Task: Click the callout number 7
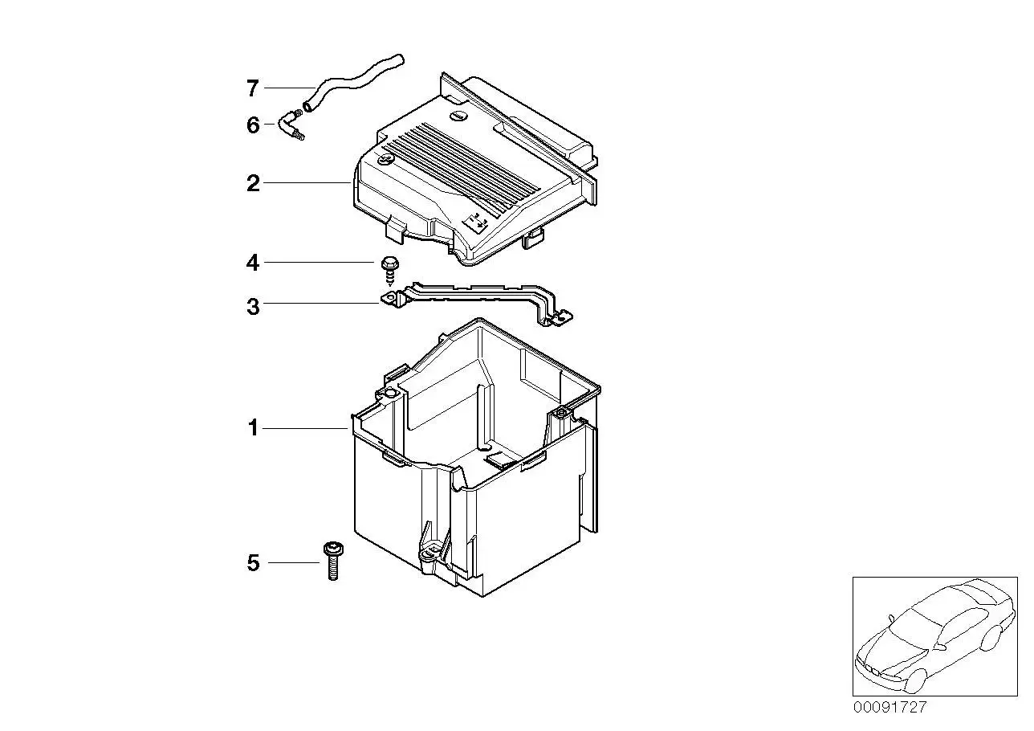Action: tap(253, 88)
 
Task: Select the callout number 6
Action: tap(253, 125)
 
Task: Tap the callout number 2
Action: tap(253, 183)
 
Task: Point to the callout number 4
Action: tap(253, 263)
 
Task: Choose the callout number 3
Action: tap(253, 307)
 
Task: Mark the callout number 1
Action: tap(253, 428)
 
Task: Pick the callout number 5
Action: tap(253, 563)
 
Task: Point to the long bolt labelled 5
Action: tap(333, 560)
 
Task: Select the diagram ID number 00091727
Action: tap(889, 707)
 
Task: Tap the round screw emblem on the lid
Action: tap(385, 160)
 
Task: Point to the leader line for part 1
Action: tap(305, 428)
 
